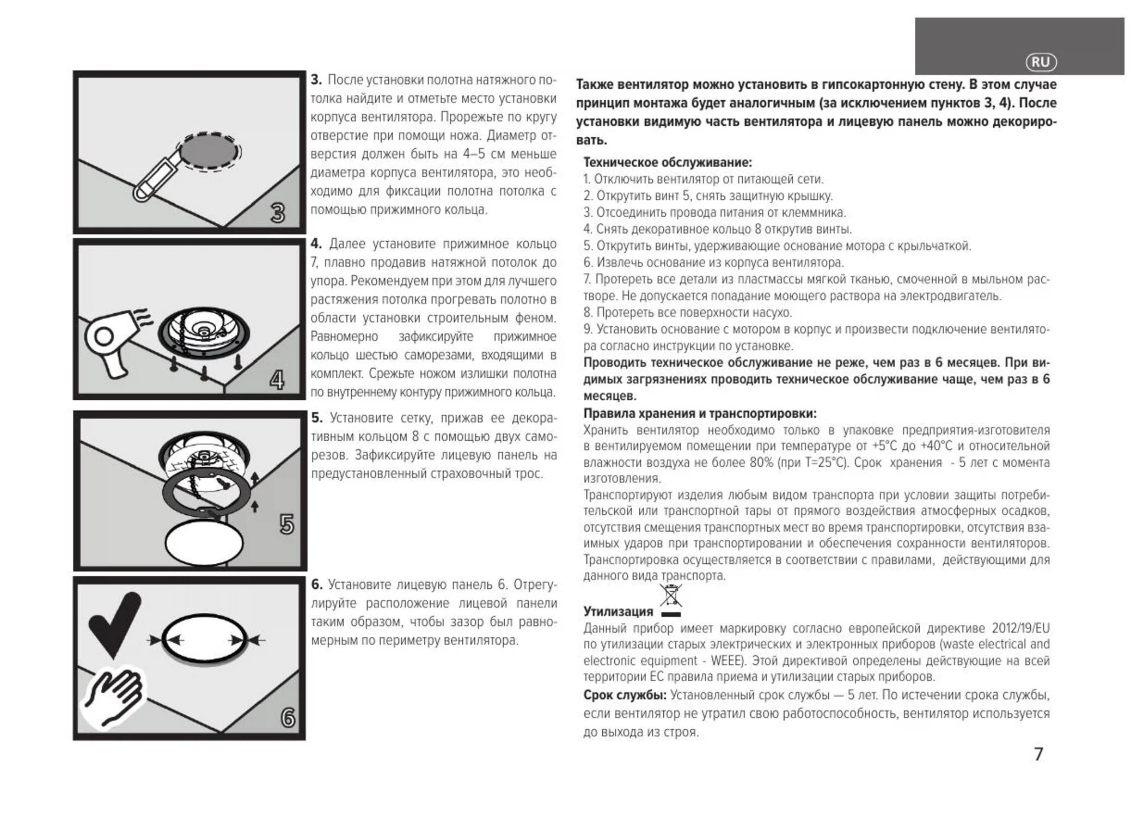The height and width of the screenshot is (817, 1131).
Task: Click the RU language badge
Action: (x=1041, y=62)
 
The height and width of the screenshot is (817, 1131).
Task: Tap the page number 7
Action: (x=1038, y=754)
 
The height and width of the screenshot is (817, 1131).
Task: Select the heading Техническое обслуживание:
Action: (x=667, y=162)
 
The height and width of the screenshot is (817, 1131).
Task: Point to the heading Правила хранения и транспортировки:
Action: (x=700, y=413)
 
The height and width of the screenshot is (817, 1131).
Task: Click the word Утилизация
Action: (x=618, y=611)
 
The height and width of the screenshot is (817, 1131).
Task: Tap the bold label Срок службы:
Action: (x=625, y=695)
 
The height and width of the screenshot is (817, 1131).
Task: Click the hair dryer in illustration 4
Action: (x=109, y=340)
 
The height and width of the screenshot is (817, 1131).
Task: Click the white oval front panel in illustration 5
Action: (x=204, y=544)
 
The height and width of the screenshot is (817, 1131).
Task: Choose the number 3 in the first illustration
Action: (x=278, y=213)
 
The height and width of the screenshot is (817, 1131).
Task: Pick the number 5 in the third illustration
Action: (x=286, y=525)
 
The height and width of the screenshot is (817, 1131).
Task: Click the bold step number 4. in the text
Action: (x=316, y=243)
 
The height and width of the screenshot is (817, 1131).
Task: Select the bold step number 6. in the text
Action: (x=317, y=584)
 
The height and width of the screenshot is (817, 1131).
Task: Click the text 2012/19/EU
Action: (x=1020, y=628)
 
